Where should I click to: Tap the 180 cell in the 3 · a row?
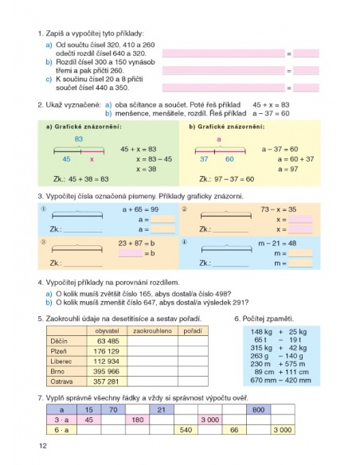(x=137, y=419)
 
